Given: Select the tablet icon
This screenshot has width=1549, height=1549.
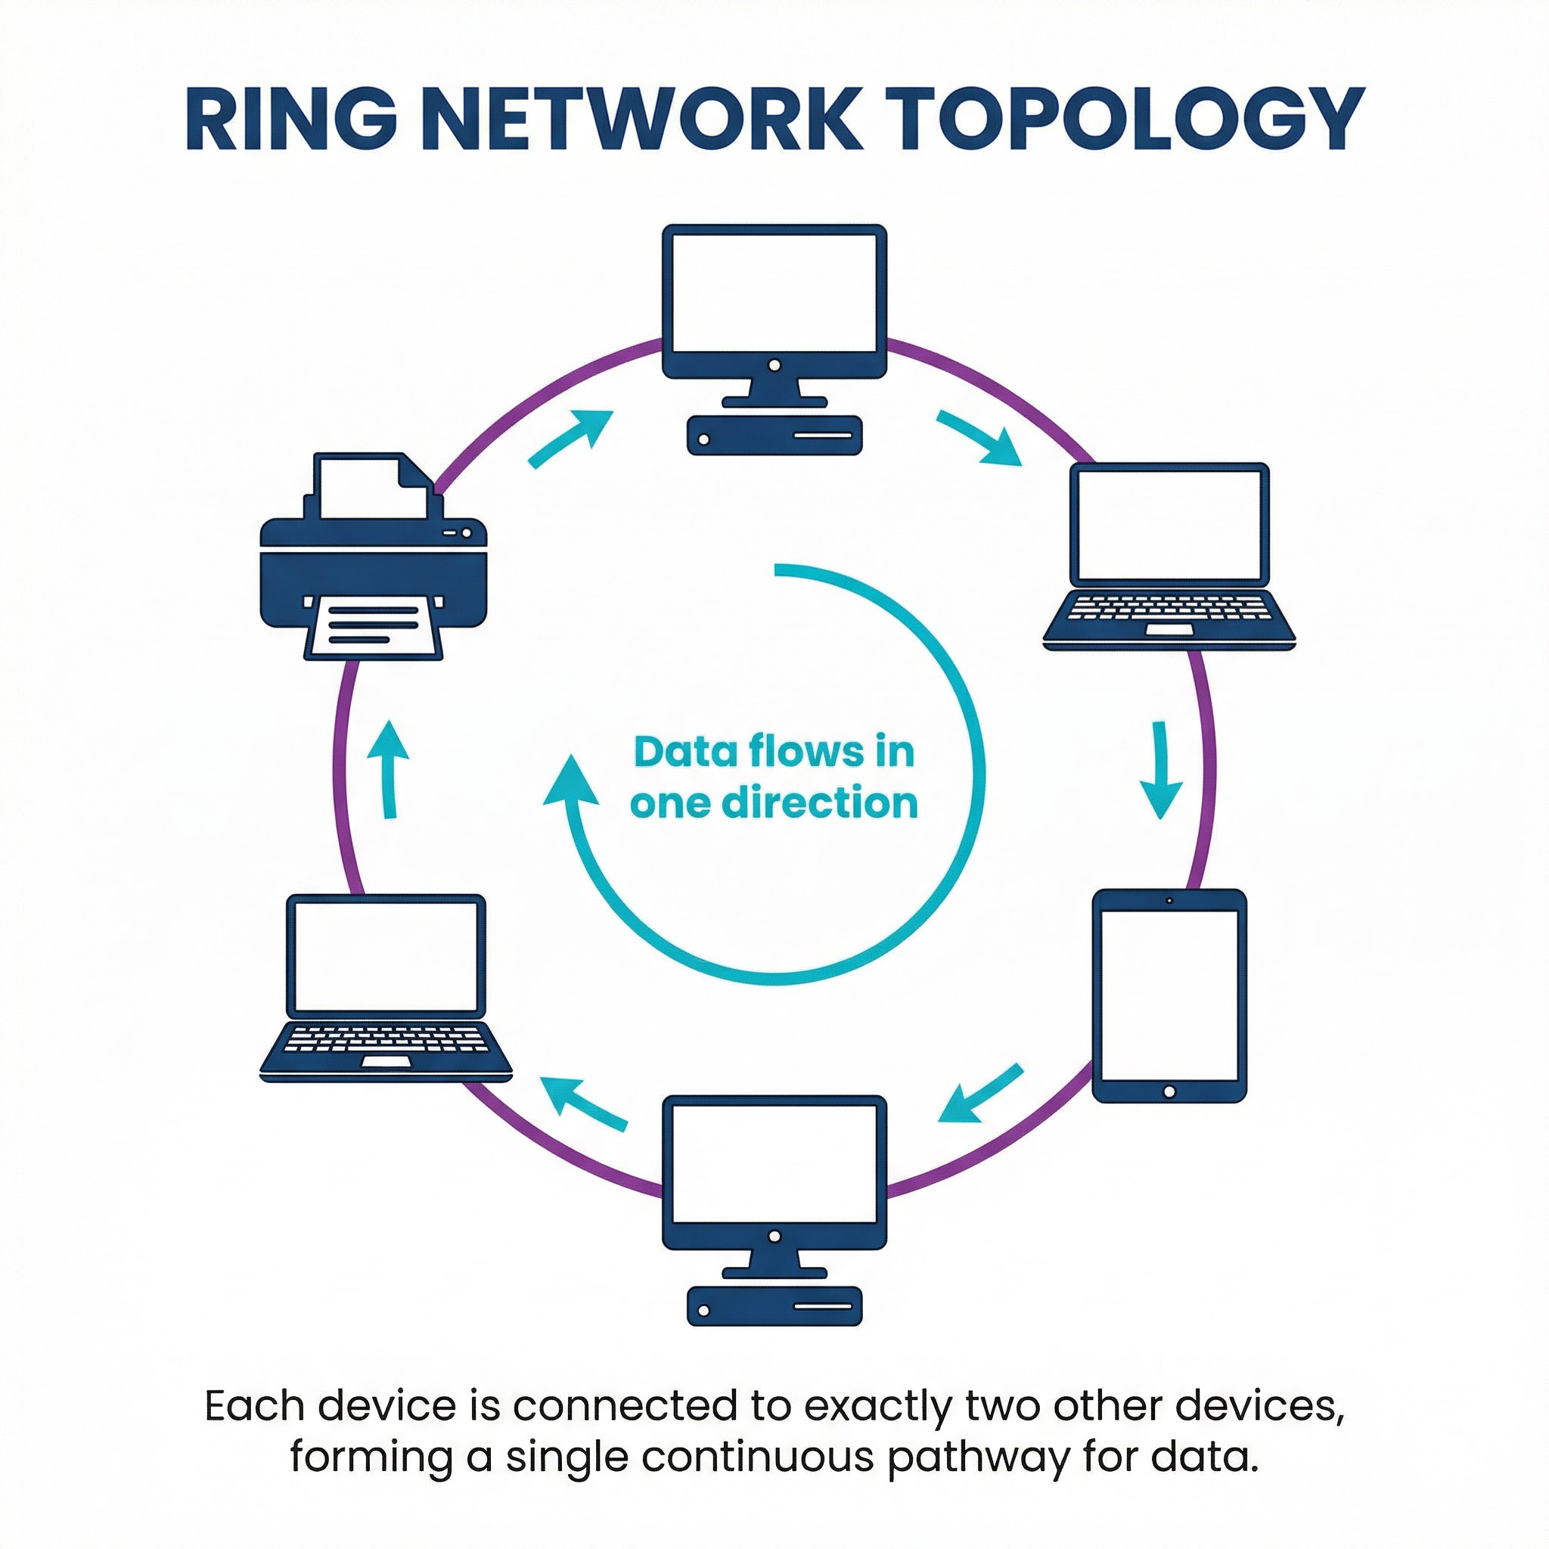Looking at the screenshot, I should point(1169,996).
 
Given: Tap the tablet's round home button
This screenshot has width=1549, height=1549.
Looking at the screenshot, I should point(1169,1092).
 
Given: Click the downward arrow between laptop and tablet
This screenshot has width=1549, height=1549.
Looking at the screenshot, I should point(1160,770).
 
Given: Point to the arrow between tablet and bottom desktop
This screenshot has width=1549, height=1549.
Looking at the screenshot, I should point(979,1094).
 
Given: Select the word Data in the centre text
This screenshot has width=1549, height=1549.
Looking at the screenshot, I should point(684,752).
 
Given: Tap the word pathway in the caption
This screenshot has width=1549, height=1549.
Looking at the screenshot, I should point(977,1457).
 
